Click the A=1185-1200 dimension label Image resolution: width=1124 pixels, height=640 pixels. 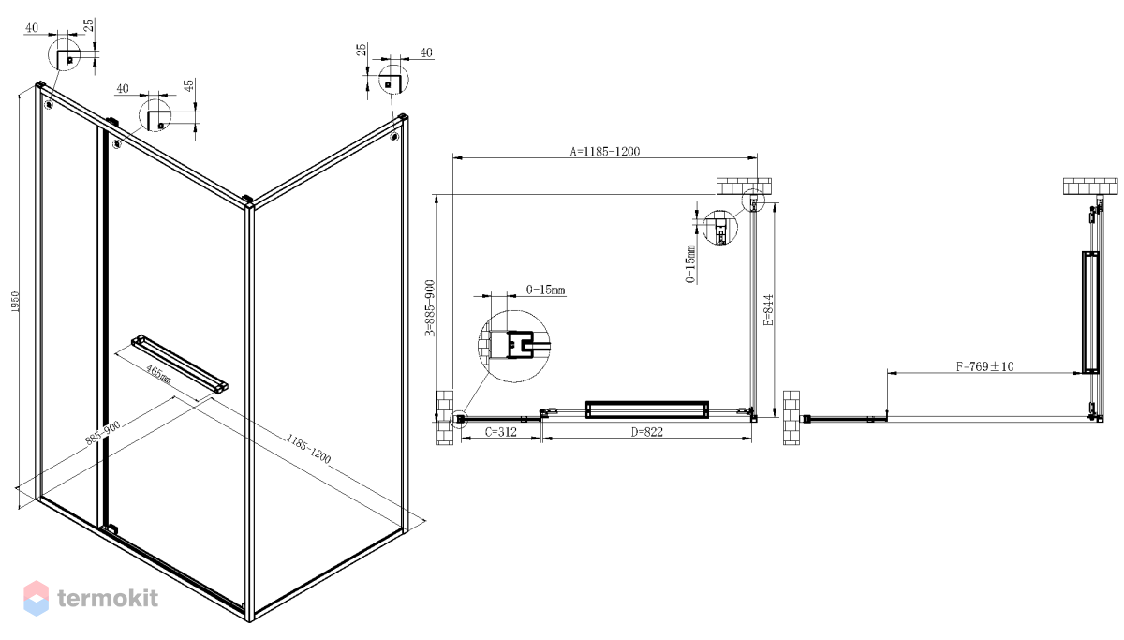(605, 151)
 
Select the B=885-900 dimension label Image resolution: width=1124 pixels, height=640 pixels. (430, 307)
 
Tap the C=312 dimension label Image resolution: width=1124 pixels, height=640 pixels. (501, 432)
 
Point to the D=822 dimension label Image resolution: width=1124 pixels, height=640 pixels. (647, 432)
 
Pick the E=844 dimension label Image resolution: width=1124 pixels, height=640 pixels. (768, 310)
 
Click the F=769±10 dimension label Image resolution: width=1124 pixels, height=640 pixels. (984, 366)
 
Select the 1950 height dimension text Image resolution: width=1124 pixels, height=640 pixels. (15, 302)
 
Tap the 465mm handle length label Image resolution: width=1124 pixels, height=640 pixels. (158, 374)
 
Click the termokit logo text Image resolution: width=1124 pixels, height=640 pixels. (108, 598)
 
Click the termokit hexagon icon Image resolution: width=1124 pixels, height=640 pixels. (37, 598)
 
